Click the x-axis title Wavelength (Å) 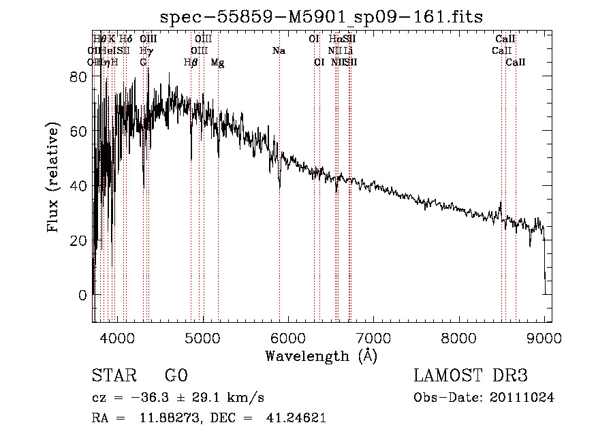tap(321, 356)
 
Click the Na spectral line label tap(279, 51)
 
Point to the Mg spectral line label tap(217, 63)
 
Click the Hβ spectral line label tap(191, 63)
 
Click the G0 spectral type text tap(176, 376)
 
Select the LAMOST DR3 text tap(471, 376)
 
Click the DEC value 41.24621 tap(296, 418)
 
